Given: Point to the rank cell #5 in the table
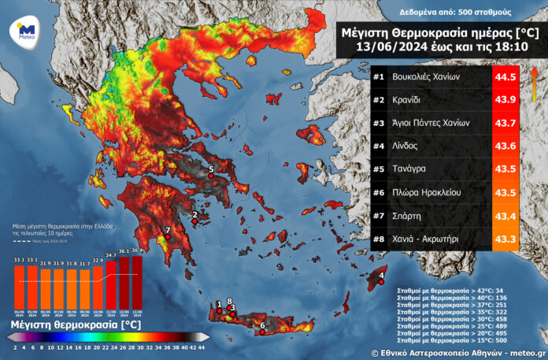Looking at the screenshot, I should [x=380, y=169].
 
